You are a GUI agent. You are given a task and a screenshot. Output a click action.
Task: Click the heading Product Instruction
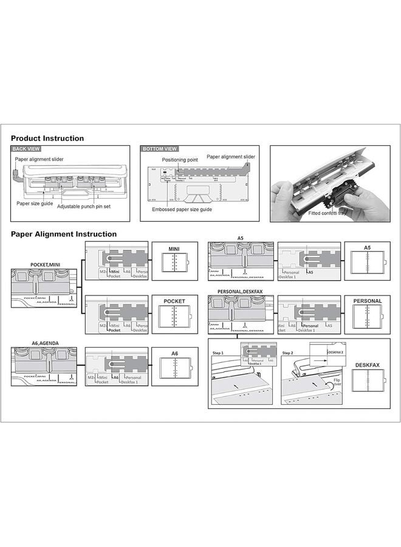pyautogui.click(x=47, y=139)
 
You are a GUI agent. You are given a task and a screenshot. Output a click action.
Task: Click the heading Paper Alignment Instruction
pyautogui.click(x=64, y=234)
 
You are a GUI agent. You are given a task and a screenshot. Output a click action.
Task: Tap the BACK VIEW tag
pyautogui.click(x=27, y=149)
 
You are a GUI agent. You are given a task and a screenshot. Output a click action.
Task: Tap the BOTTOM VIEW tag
pyautogui.click(x=160, y=149)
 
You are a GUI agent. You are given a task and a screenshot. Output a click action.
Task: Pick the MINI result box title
pyautogui.click(x=174, y=249)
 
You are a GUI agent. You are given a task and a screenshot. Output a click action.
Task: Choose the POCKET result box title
pyautogui.click(x=174, y=301)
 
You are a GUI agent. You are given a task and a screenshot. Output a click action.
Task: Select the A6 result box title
pyautogui.click(x=174, y=353)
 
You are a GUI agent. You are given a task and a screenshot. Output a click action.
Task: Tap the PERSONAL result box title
pyautogui.click(x=367, y=301)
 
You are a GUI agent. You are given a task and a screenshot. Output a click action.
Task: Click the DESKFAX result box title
pyautogui.click(x=367, y=365)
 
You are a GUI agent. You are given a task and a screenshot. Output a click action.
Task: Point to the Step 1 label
pyautogui.click(x=218, y=353)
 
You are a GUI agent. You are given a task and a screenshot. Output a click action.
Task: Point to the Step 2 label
pyautogui.click(x=289, y=353)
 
